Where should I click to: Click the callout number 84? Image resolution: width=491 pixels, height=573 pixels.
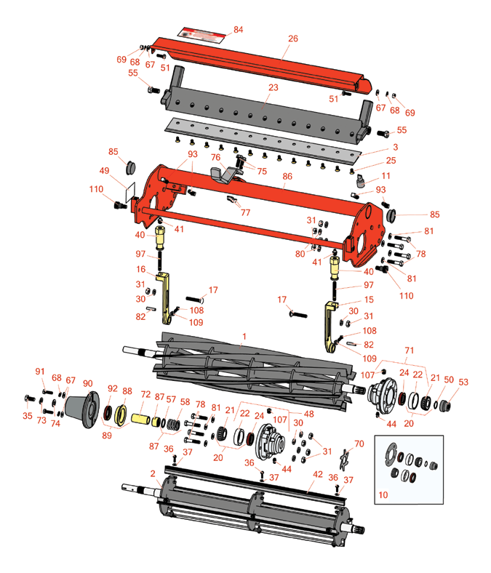[238, 29]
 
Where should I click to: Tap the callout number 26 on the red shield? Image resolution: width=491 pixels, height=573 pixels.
[293, 39]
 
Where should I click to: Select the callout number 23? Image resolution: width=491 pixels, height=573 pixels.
[273, 87]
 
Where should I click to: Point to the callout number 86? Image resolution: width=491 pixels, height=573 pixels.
[287, 176]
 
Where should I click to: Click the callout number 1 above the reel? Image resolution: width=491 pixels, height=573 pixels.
[244, 336]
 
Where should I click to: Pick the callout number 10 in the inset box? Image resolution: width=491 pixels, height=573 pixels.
[383, 494]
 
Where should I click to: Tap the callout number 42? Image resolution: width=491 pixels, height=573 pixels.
[318, 474]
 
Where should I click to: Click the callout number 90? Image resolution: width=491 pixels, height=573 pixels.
[88, 383]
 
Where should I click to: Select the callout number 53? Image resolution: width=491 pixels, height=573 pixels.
[463, 382]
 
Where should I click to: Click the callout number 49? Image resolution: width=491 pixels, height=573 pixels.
[104, 171]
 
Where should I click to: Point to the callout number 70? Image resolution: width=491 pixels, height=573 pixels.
[359, 444]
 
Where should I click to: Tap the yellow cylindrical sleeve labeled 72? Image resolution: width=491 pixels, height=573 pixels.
[141, 418]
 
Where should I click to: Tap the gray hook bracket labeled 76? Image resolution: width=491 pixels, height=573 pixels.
[223, 173]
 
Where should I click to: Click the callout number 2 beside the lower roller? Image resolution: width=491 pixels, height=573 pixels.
[153, 473]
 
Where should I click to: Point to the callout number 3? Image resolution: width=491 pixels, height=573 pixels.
[395, 147]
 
